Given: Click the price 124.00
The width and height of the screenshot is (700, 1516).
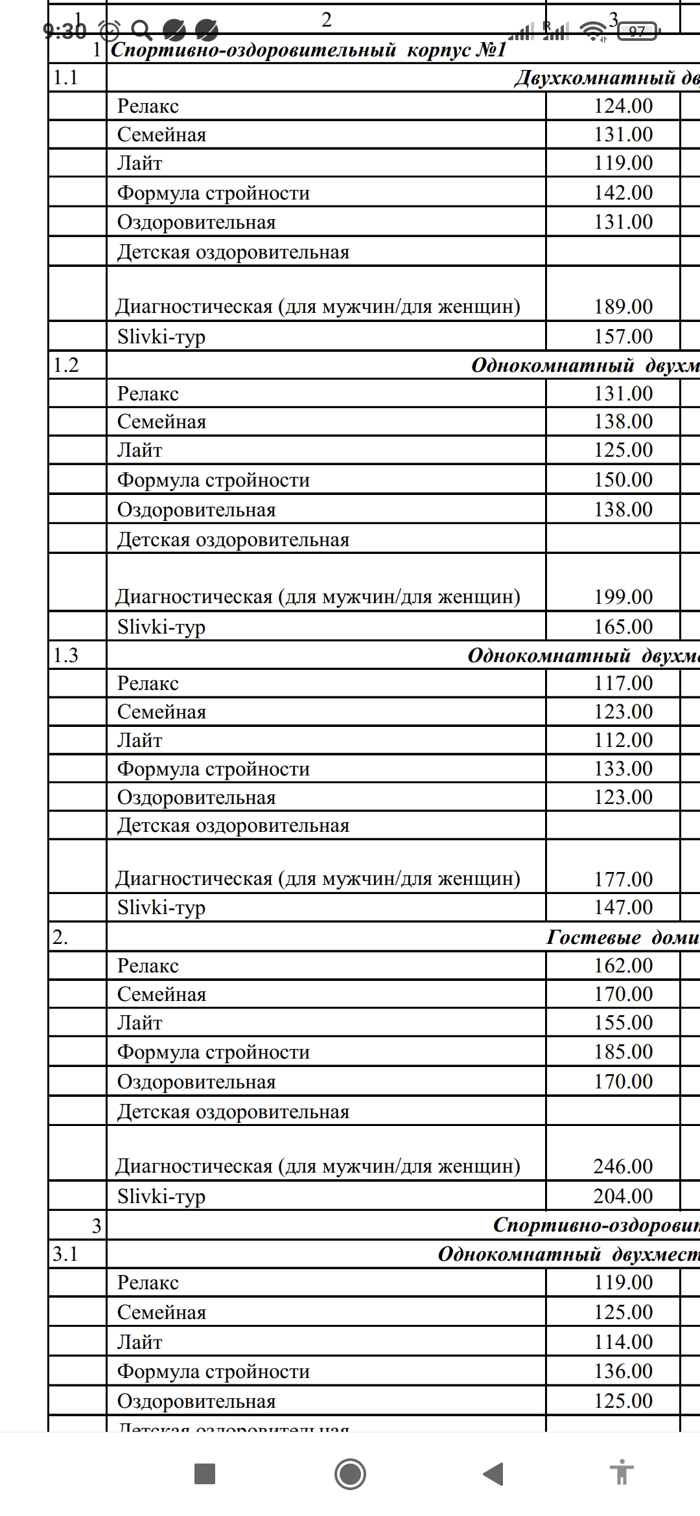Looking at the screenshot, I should click(x=623, y=106).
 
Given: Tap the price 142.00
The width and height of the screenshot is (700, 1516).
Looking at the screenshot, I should click(x=623, y=192).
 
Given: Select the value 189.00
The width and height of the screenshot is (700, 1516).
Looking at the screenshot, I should click(x=623, y=306).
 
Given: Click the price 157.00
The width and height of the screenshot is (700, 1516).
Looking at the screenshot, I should click(x=623, y=336).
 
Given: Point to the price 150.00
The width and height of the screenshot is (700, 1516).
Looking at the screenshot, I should click(x=623, y=479).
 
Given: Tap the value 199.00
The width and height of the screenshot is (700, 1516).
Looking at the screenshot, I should click(x=623, y=597).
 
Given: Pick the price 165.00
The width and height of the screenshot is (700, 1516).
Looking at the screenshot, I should click(x=623, y=626).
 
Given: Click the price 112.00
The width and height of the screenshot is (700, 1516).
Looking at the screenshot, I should click(x=623, y=740).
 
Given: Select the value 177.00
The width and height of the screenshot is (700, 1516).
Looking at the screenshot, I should click(x=623, y=879).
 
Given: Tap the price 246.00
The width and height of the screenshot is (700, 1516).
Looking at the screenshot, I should click(x=623, y=1166).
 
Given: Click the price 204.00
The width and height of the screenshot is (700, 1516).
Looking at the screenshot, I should click(x=623, y=1196).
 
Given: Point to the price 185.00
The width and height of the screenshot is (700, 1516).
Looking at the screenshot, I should click(x=623, y=1051).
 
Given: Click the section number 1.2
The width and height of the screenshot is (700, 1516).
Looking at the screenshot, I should click(x=65, y=365).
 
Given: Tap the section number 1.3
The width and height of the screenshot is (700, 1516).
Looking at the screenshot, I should click(x=65, y=656).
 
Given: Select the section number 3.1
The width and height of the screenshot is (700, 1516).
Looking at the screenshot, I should click(x=65, y=1254).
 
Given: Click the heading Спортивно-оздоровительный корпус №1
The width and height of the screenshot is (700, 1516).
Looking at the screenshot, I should click(x=308, y=51).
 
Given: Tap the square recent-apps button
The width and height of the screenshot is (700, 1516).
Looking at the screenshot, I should click(x=205, y=1474).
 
